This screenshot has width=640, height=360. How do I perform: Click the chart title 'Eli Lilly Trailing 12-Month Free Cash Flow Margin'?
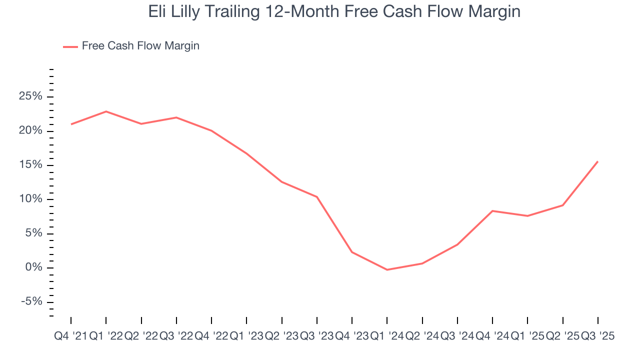pos(334,11)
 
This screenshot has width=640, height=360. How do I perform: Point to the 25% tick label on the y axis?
pos(30,96)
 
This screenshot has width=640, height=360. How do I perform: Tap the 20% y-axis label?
pos(30,131)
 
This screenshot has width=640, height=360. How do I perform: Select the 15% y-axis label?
pos(30,165)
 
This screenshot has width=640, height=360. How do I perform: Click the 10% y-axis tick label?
pos(30,199)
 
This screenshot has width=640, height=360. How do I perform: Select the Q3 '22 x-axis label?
pos(176,336)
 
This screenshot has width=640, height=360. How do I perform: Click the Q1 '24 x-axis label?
pos(387,336)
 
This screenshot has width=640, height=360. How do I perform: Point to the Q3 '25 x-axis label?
pos(597,336)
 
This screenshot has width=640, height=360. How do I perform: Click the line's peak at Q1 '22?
pos(106,111)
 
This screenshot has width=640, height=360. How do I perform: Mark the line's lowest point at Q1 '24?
pos(387,270)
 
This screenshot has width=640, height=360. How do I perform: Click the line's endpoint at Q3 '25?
pos(597,161)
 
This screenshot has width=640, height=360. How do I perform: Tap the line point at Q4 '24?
pos(492,211)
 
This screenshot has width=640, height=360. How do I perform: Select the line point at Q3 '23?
pos(317,197)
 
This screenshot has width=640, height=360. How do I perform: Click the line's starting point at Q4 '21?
pos(71,124)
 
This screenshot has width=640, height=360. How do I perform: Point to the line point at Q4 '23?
pos(352,252)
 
